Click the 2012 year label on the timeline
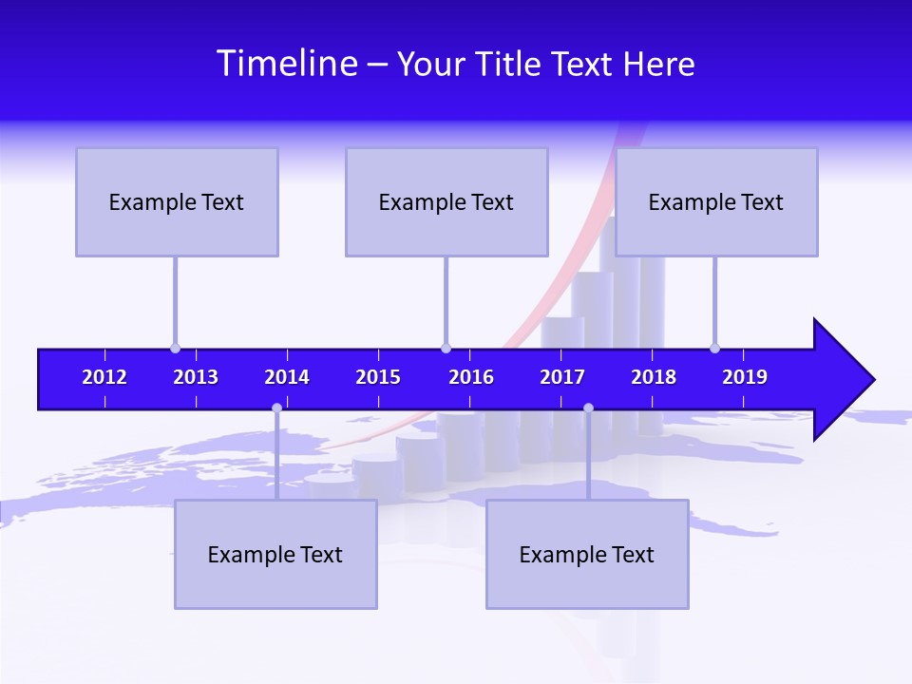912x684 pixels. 104,377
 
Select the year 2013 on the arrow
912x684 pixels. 196,377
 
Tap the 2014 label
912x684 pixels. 287,377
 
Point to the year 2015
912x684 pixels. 378,377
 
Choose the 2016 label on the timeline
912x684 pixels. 471,377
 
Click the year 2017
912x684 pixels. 562,377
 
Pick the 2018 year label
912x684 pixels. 654,377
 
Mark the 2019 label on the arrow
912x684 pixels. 745,377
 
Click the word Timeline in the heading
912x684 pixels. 287,64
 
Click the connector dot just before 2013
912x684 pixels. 175,348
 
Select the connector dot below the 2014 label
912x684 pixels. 276,408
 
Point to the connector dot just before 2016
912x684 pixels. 446,348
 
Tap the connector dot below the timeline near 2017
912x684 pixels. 588,408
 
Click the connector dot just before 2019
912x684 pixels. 714,348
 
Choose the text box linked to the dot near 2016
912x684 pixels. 446,201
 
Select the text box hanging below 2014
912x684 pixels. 275,554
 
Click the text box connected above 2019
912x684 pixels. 716,201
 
